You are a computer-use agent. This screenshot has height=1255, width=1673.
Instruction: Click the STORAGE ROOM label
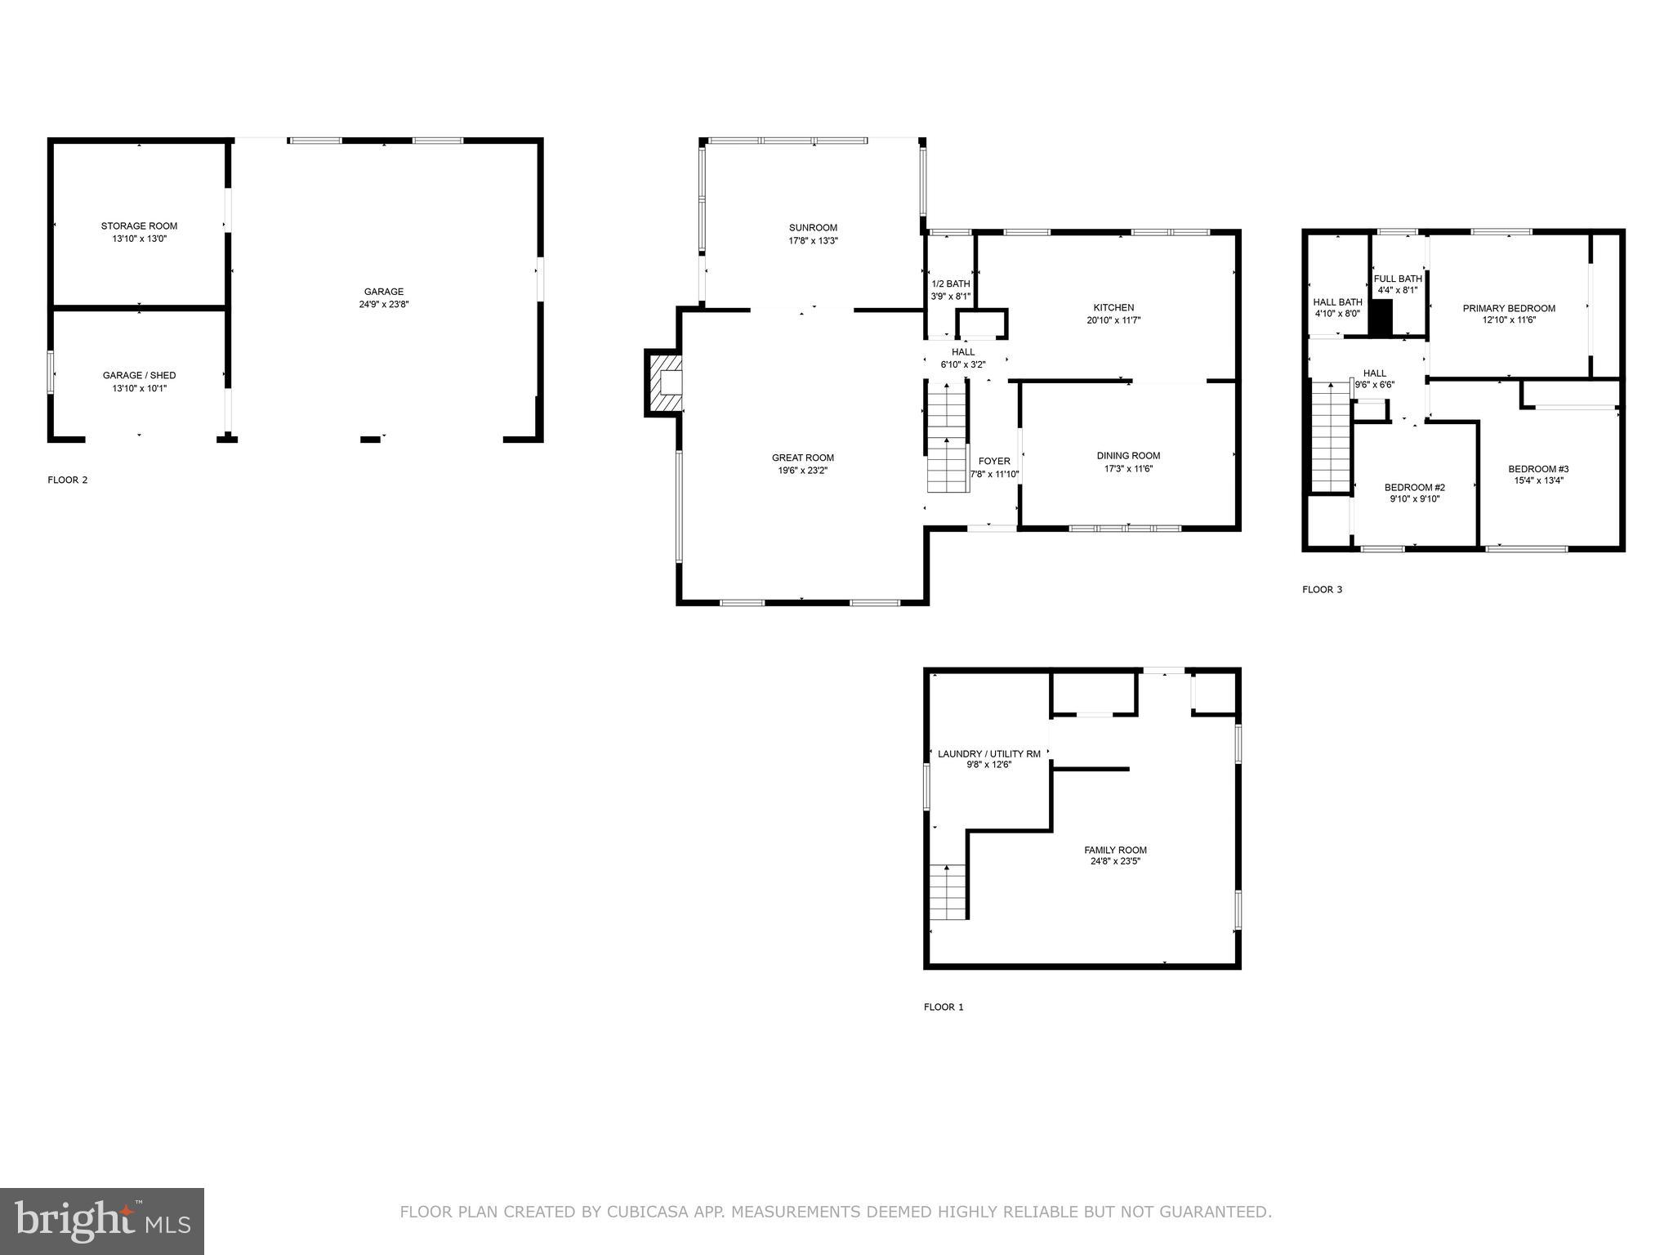coord(139,226)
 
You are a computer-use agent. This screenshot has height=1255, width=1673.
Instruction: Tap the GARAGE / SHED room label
coord(139,376)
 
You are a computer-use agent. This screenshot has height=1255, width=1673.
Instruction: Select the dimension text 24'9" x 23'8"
coord(383,305)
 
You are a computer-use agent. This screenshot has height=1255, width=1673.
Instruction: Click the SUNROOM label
coord(813,228)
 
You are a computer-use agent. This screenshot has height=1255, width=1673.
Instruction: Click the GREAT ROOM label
coord(803,458)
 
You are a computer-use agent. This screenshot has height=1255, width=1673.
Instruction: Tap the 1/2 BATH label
coord(951,284)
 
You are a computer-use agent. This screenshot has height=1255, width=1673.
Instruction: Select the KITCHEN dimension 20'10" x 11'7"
coord(1113,321)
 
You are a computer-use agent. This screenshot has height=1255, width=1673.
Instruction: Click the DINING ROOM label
coord(1128,456)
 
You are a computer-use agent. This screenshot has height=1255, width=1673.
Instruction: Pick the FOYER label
coord(994,462)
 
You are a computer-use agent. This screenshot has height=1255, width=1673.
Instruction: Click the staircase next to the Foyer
coord(948,441)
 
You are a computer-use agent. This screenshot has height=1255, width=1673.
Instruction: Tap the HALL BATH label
coord(1337,302)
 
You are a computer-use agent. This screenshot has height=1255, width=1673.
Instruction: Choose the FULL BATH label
coord(1398,279)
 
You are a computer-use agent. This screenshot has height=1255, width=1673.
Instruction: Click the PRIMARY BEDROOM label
coord(1509,309)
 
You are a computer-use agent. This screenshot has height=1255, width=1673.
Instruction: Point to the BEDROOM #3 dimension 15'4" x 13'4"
coord(1538,481)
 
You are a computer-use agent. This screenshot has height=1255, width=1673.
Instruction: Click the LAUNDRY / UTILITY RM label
coord(989,754)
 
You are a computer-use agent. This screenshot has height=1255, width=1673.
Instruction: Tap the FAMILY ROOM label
coord(1115,851)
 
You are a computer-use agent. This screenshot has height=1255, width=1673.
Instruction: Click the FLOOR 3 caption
coord(1322,590)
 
